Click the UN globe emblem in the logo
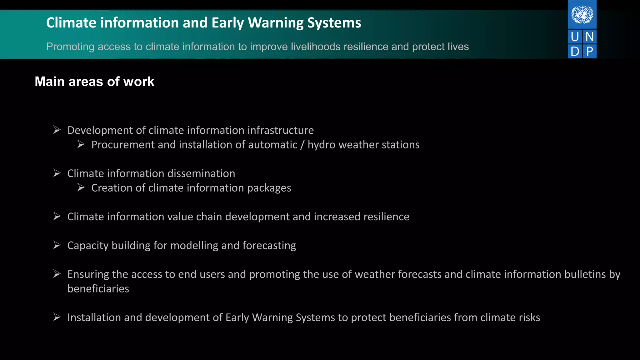(582, 14)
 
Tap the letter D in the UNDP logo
(575, 52)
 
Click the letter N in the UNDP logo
(589, 37)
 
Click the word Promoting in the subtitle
(70, 47)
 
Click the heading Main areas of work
(94, 82)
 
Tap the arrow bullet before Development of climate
(57, 130)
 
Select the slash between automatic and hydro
(302, 145)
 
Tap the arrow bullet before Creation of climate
(81, 187)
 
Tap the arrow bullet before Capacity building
(57, 245)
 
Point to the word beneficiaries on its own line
(98, 289)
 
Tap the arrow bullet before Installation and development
(57, 317)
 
